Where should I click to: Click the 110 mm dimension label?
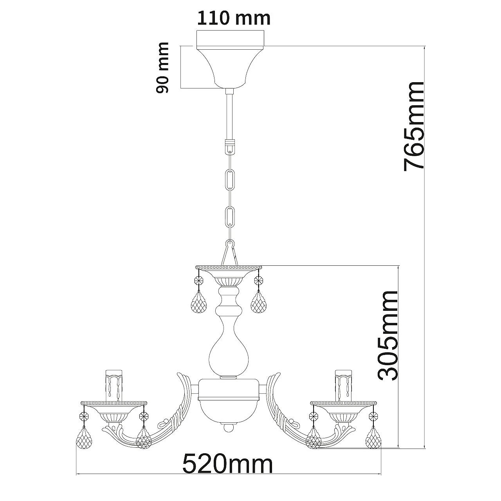(x=234, y=18)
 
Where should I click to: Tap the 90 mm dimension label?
(x=162, y=68)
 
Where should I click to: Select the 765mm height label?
(x=413, y=126)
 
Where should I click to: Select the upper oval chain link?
(x=230, y=180)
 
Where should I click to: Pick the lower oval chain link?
(x=230, y=217)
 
